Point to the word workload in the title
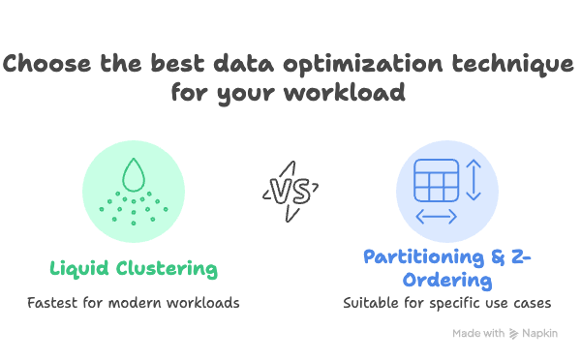349,96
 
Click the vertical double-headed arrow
474,180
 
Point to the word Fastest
54,303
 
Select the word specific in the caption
448,303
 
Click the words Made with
478,334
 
